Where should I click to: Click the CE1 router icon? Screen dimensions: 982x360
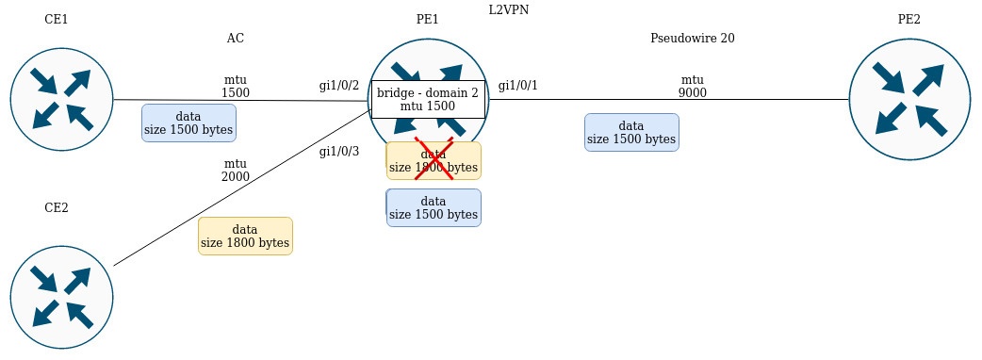click(x=61, y=100)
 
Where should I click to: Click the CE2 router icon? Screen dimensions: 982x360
click(x=61, y=297)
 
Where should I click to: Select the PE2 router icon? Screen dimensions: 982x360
click(x=909, y=100)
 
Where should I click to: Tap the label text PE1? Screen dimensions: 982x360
click(x=427, y=20)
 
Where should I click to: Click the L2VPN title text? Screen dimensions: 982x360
click(x=509, y=10)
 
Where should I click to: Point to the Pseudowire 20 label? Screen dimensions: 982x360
click(x=692, y=39)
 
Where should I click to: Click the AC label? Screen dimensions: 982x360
click(x=236, y=39)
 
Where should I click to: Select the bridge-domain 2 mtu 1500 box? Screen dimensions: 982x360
click(x=429, y=100)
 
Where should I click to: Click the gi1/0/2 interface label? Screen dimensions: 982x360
click(x=339, y=86)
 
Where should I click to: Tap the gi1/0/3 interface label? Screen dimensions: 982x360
click(x=339, y=151)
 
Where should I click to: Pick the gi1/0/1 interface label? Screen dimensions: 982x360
click(x=518, y=86)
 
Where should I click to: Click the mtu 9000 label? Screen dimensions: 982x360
click(x=692, y=87)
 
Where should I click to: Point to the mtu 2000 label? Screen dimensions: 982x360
click(x=236, y=171)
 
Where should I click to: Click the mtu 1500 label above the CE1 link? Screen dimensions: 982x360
click(x=236, y=87)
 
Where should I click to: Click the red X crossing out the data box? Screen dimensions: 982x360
click(x=434, y=158)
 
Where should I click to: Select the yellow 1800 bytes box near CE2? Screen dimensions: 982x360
click(x=245, y=236)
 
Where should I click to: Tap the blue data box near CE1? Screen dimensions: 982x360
click(x=188, y=123)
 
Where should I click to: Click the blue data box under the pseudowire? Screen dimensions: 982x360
click(x=632, y=132)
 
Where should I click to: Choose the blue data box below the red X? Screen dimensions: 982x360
click(x=434, y=208)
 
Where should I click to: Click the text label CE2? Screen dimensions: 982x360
click(x=57, y=208)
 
